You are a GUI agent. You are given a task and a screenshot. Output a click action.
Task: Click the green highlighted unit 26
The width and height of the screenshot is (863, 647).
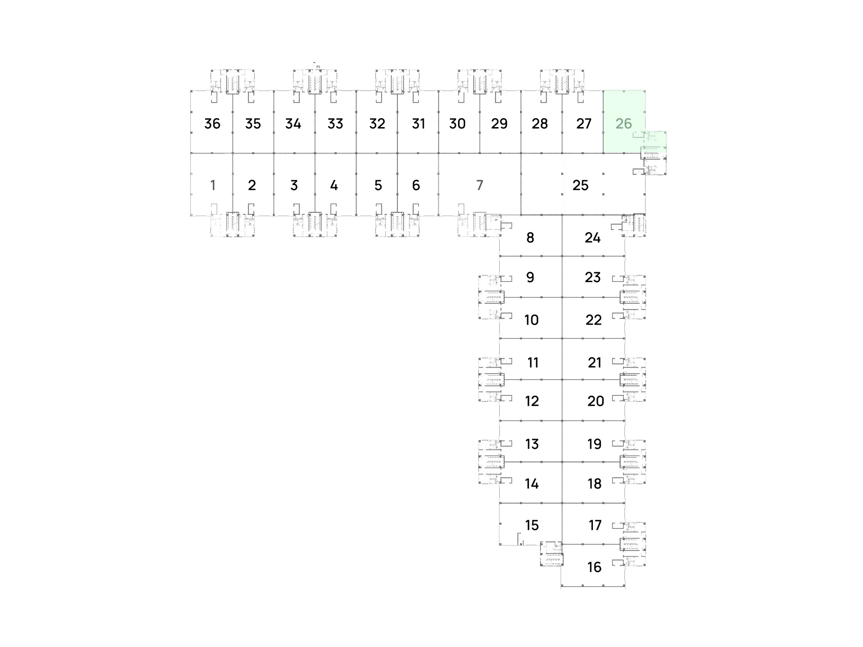coord(624,121)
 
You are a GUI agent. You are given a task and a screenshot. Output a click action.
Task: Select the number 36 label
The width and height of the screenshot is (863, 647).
coord(212,124)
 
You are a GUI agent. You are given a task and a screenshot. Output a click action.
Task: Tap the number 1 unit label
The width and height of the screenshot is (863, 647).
coord(213,185)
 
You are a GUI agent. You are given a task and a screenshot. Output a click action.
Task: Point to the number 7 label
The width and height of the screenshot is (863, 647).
coord(480,185)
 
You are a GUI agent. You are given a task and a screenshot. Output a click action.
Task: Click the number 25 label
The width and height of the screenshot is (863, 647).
coord(580,185)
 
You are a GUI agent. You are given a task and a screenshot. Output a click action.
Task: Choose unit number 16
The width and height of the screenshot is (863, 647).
coord(594,567)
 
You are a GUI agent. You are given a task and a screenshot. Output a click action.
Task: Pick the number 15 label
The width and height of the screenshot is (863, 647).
coord(532,525)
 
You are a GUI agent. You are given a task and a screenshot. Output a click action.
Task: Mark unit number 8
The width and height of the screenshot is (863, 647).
coord(530,238)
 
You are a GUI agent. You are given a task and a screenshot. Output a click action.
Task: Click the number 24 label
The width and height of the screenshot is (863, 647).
coord(592,238)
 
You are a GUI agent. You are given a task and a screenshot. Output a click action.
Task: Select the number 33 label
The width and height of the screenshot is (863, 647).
coord(335,124)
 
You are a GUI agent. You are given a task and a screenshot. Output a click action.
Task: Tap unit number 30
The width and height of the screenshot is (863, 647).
coord(457,124)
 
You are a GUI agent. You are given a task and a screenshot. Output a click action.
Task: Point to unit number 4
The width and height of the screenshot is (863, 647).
coord(334,185)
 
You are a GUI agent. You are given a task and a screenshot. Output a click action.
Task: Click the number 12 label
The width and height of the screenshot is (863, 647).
coord(532,401)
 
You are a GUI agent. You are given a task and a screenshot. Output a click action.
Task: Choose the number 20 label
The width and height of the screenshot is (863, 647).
coord(596,401)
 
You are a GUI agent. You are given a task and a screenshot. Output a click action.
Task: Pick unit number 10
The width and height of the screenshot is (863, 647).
coord(531,320)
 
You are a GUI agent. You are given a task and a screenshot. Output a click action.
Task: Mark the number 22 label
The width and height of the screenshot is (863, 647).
coord(593,320)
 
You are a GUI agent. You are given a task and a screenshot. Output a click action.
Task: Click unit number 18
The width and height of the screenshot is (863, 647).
coord(594,483)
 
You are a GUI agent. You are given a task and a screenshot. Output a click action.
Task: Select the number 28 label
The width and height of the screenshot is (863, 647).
coord(539,124)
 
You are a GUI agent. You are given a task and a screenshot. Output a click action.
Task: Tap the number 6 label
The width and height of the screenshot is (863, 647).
coord(416,185)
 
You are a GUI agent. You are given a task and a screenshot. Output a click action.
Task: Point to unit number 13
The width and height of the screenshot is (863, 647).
coord(532,444)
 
